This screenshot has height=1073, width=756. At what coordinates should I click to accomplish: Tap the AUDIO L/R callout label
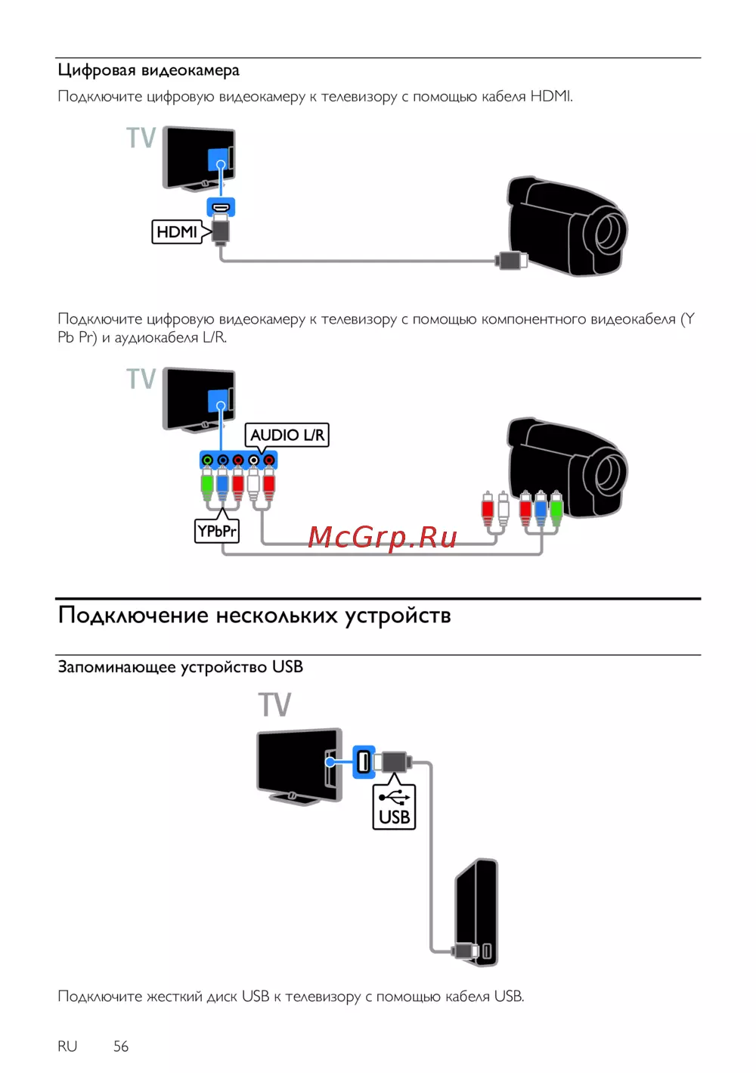click(287, 436)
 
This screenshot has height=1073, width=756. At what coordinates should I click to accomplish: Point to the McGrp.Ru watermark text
click(382, 538)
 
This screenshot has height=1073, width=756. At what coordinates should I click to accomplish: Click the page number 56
click(121, 1047)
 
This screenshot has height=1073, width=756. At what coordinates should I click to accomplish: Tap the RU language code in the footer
click(67, 1047)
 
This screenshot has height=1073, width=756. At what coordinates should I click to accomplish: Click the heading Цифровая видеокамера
click(148, 70)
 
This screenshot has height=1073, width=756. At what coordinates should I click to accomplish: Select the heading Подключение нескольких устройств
click(254, 615)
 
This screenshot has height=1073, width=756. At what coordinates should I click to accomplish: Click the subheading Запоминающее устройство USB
click(181, 667)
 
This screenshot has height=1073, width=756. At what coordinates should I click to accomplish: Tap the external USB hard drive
click(476, 913)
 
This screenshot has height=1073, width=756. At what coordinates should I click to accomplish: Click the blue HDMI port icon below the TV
click(221, 207)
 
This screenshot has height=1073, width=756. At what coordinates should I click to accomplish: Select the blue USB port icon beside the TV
click(364, 761)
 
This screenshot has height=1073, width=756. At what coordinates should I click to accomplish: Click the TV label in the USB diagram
click(275, 704)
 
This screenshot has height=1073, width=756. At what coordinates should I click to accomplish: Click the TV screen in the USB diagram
click(293, 761)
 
